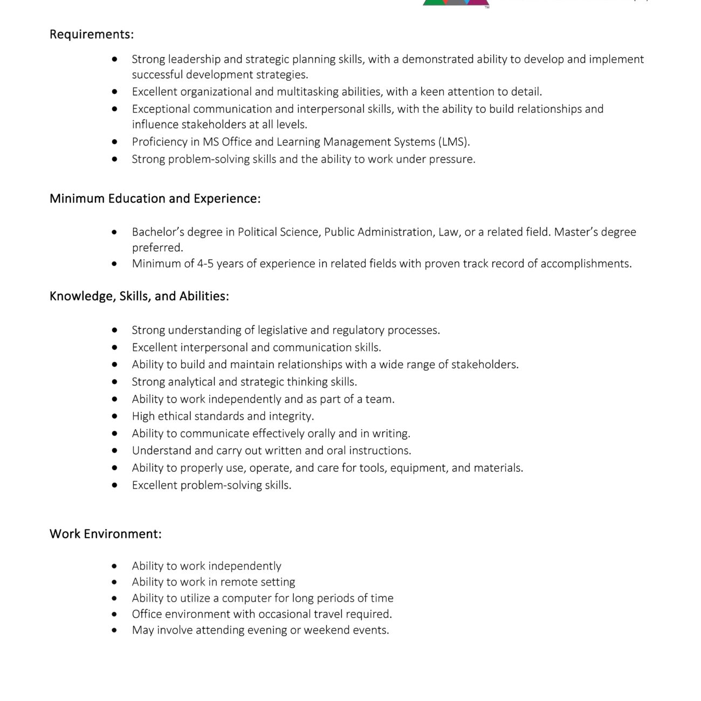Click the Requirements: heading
[92, 35]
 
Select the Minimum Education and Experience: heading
[155, 198]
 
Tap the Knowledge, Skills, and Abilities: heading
[139, 296]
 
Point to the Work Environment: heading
[105, 534]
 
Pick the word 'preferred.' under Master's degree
[157, 248]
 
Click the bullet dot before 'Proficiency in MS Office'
[114, 142]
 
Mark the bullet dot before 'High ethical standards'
[114, 416]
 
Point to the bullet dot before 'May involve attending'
[114, 630]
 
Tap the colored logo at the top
[456, 3]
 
